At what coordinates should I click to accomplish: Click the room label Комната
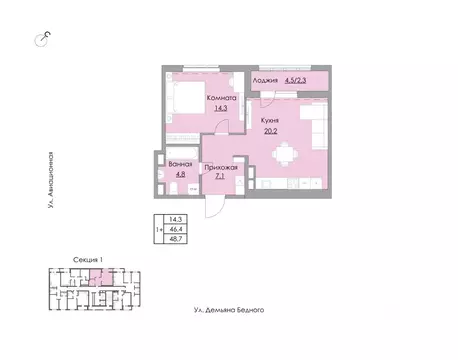point(221,98)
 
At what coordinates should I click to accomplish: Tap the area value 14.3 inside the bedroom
point(221,108)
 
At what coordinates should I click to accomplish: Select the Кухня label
point(270,121)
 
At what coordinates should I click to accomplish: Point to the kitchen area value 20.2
point(270,131)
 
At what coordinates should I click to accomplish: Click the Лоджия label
point(265,80)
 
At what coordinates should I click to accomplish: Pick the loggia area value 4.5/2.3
point(295,80)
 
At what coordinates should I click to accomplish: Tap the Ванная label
point(180,164)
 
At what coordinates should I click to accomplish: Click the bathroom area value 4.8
point(180,174)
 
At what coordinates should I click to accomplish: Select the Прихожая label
point(221,168)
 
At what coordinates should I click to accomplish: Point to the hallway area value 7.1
point(220,176)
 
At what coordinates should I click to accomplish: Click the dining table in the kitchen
point(285,154)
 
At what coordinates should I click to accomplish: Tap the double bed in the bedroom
point(186,98)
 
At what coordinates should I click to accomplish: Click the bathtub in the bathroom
point(182,153)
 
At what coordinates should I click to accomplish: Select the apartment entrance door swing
point(214,207)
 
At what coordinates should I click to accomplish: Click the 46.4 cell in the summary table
point(176,229)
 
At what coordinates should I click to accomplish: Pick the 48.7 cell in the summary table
point(176,239)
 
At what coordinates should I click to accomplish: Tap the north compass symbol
point(42,39)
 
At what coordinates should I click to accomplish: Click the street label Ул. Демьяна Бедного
point(229,310)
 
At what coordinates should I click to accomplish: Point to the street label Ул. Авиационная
point(50,180)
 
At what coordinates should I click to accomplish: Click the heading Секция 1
point(88,260)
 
